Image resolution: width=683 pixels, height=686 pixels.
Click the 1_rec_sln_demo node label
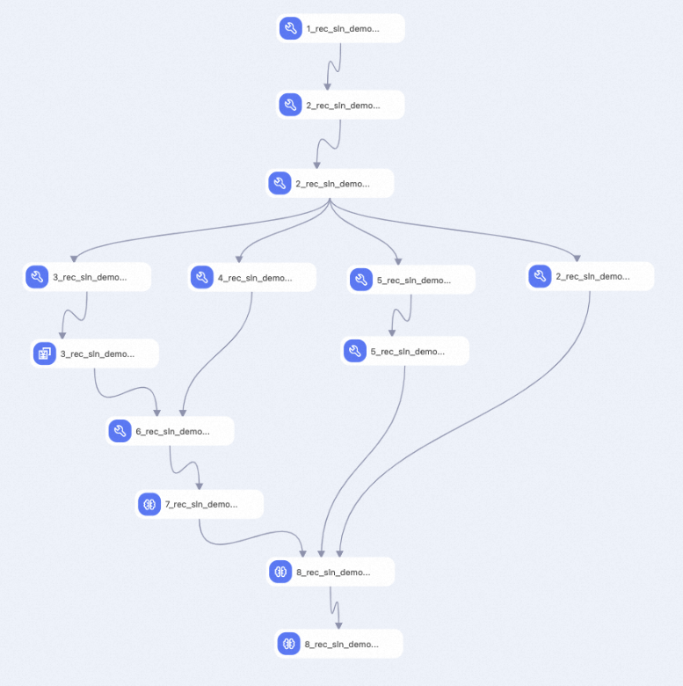click(x=343, y=29)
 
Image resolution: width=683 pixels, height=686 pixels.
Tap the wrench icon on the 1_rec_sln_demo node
click(x=291, y=28)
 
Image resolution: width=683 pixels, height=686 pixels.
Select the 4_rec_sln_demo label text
click(x=255, y=278)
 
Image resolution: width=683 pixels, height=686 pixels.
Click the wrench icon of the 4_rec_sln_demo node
click(x=202, y=277)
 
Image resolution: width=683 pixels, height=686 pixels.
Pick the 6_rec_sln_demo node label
click(x=172, y=432)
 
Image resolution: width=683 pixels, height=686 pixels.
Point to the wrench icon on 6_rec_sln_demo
click(x=120, y=431)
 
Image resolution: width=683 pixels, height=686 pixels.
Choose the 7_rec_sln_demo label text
click(x=201, y=505)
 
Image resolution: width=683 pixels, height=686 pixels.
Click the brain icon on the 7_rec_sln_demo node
click(x=149, y=505)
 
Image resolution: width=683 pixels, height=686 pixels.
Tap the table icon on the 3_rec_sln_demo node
click(x=45, y=354)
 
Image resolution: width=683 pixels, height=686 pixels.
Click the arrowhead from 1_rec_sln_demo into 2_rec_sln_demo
click(x=327, y=86)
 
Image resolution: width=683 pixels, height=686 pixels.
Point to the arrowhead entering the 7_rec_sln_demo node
click(x=200, y=486)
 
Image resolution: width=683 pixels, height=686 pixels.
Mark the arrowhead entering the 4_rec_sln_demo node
click(x=239, y=259)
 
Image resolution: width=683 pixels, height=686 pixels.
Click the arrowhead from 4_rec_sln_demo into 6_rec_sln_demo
click(x=183, y=413)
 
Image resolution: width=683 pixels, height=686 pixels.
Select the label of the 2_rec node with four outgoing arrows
click(x=332, y=184)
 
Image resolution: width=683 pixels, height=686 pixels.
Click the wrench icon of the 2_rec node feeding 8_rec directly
click(x=540, y=276)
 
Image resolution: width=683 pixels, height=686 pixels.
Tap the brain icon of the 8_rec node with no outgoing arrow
click(x=288, y=644)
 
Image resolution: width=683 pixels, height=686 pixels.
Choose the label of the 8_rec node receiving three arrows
click(x=333, y=573)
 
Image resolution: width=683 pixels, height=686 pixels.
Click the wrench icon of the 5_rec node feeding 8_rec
click(x=355, y=351)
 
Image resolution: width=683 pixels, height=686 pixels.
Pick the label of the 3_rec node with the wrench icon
click(x=90, y=277)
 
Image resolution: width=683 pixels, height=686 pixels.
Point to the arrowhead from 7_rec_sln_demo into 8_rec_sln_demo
click(x=302, y=554)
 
